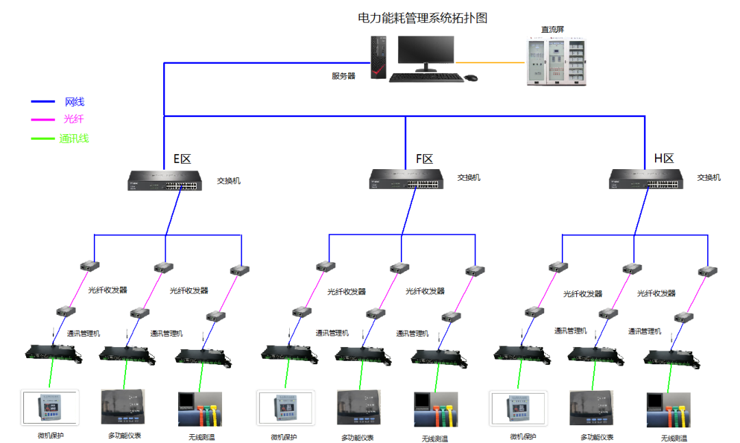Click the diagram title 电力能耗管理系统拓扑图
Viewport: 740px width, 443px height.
(x=422, y=18)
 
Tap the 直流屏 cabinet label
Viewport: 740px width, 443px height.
(x=552, y=29)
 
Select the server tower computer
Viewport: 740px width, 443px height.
(x=378, y=57)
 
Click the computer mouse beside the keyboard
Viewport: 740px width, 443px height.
(x=471, y=78)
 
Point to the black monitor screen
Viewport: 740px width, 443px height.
(x=425, y=50)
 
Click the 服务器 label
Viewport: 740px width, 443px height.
(x=343, y=76)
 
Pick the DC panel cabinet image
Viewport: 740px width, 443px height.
(x=556, y=62)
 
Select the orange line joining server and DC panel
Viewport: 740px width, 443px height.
(x=490, y=62)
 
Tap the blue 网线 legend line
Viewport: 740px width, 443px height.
(x=43, y=101)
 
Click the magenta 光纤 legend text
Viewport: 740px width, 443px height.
(x=73, y=119)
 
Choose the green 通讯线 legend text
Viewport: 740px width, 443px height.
(x=74, y=139)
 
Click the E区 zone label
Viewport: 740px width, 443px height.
(x=182, y=159)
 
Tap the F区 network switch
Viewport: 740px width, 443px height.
(x=406, y=179)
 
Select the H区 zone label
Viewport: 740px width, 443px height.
(x=664, y=159)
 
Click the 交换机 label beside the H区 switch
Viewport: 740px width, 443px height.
(x=709, y=177)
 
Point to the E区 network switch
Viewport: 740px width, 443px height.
(x=164, y=180)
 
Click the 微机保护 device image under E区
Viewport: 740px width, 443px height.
(x=49, y=407)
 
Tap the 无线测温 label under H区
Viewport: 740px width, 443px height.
(x=674, y=438)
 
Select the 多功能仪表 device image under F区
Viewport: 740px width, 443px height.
(x=358, y=407)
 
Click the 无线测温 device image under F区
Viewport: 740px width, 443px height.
(x=436, y=409)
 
